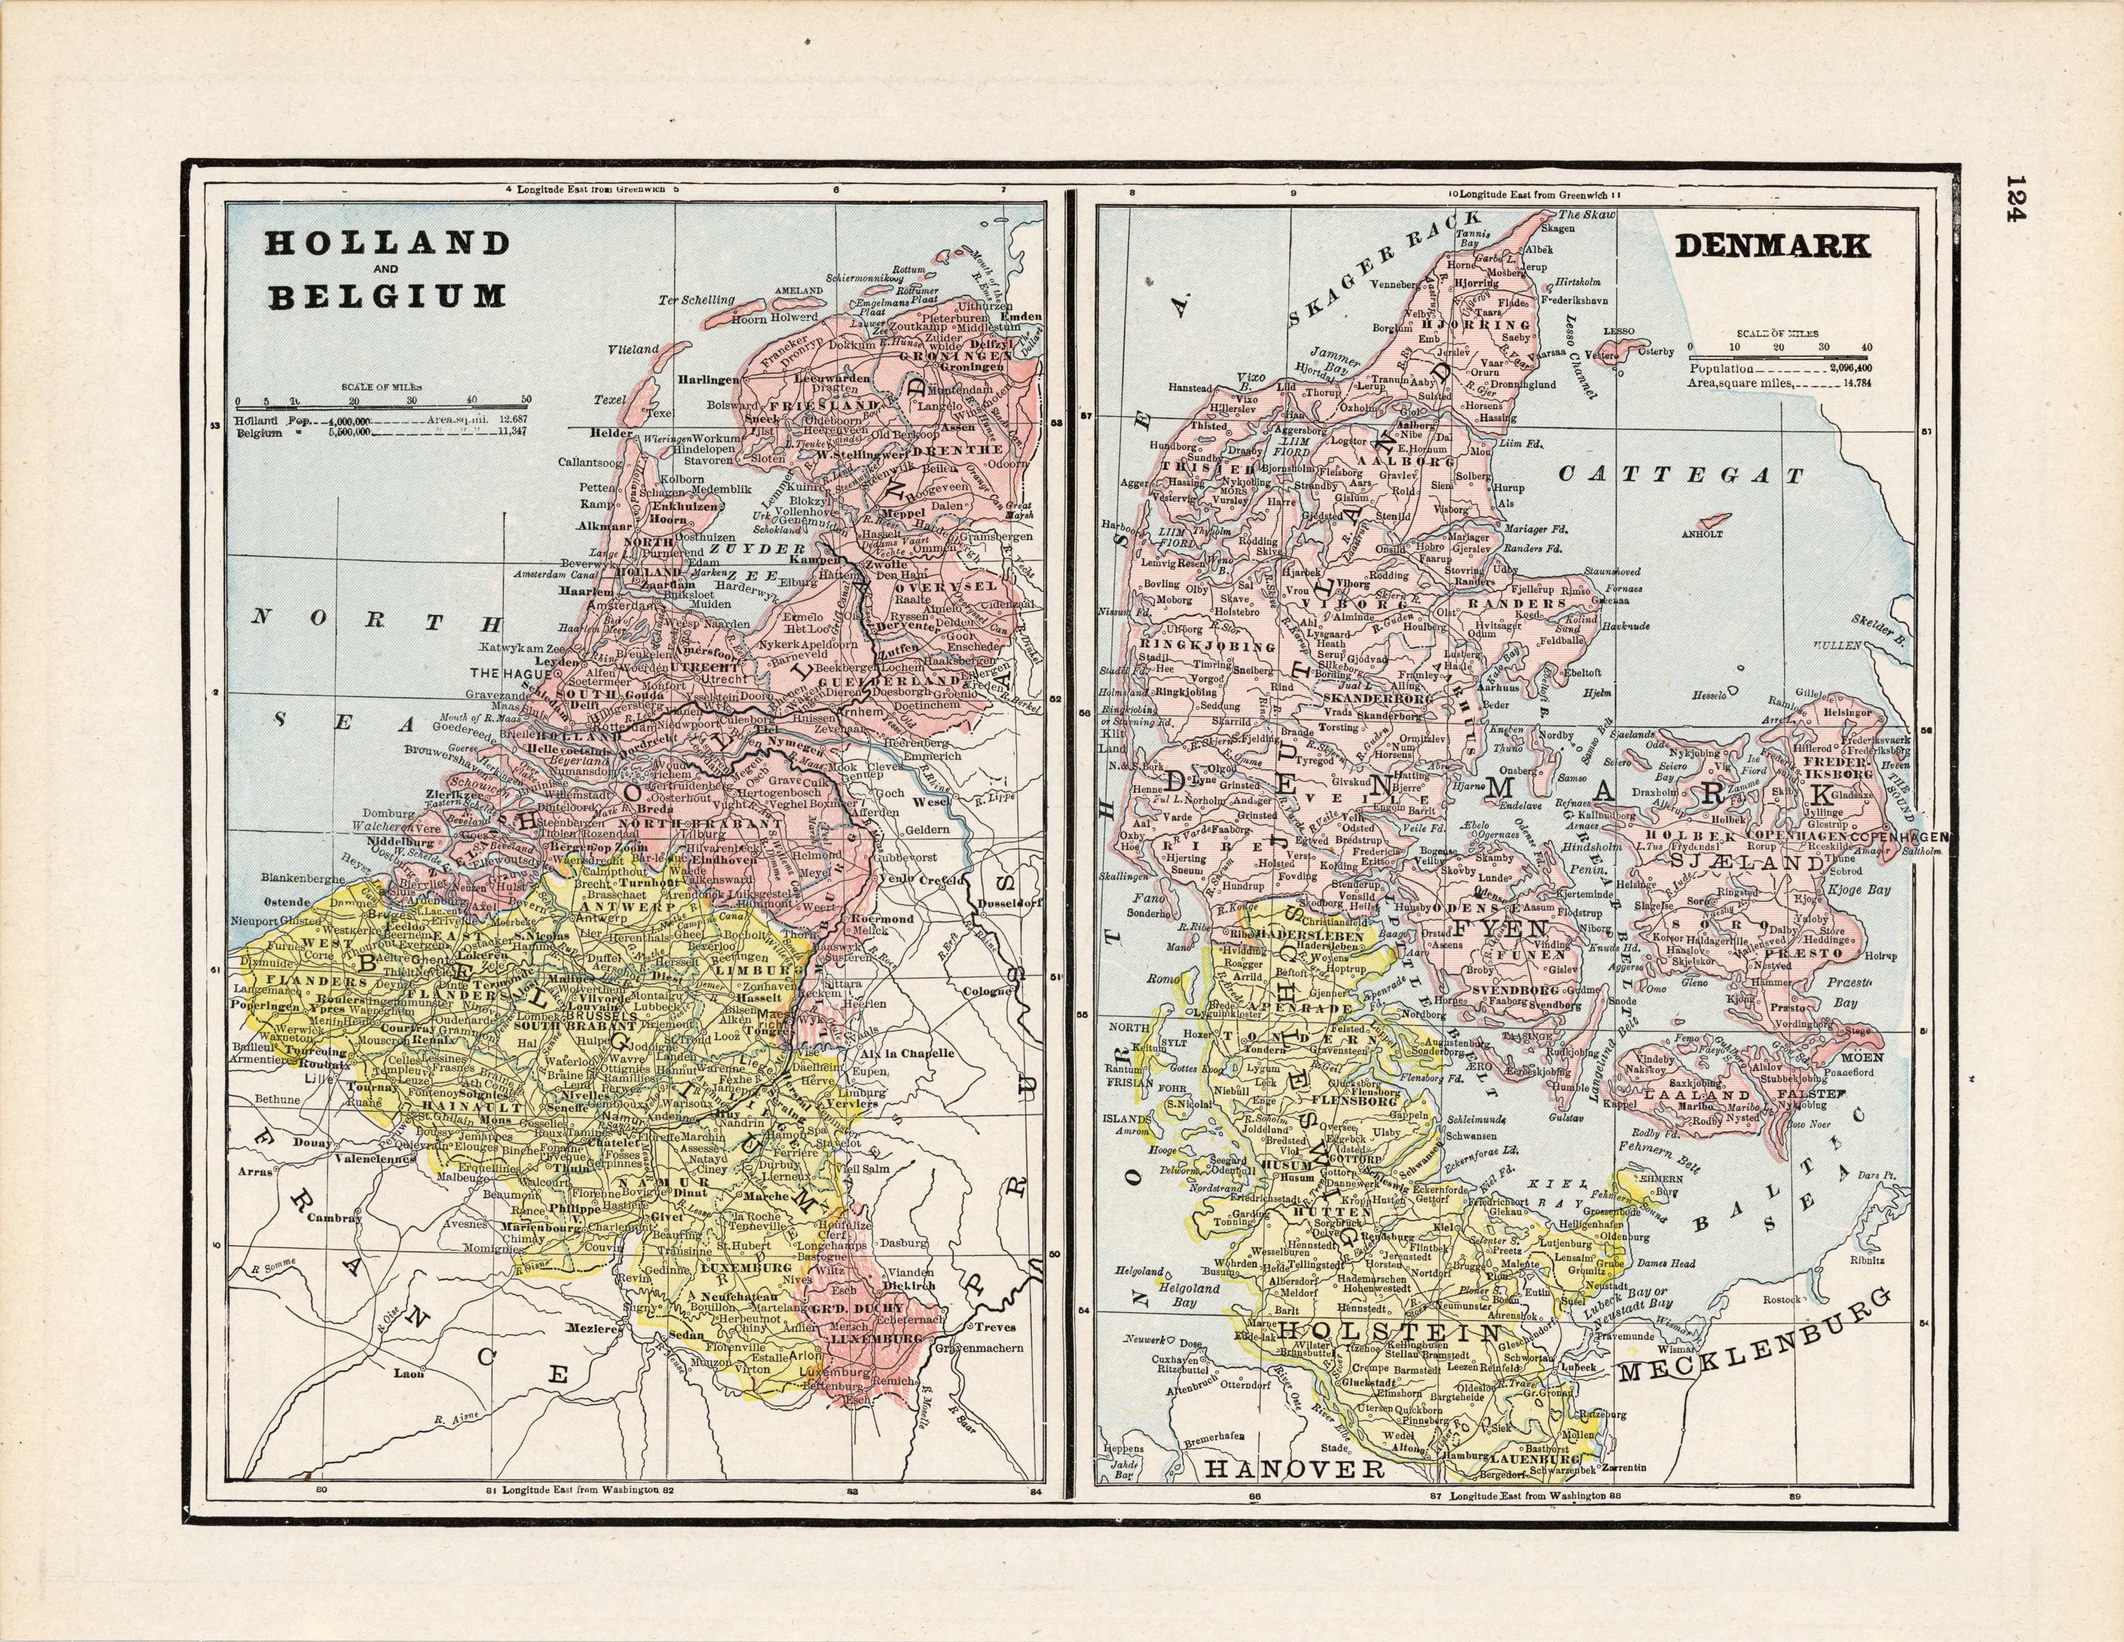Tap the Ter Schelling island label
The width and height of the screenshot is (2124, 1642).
(695, 300)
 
